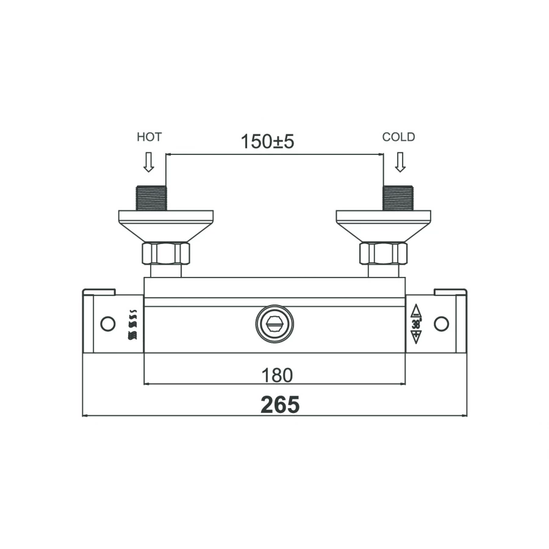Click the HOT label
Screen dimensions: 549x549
pyautogui.click(x=149, y=137)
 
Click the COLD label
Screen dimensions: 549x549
pyautogui.click(x=398, y=137)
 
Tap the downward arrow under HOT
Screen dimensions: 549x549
pyautogui.click(x=149, y=162)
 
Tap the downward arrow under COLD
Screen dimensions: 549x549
pyautogui.click(x=400, y=162)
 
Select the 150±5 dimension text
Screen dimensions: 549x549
pyautogui.click(x=268, y=142)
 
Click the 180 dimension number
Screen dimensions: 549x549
pyautogui.click(x=277, y=375)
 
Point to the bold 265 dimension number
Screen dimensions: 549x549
pyautogui.click(x=280, y=405)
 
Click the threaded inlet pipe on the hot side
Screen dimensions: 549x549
pyautogui.click(x=151, y=198)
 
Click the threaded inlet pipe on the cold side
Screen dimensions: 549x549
pyautogui.click(x=398, y=198)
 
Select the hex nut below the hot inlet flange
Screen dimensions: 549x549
pyautogui.click(x=166, y=253)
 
